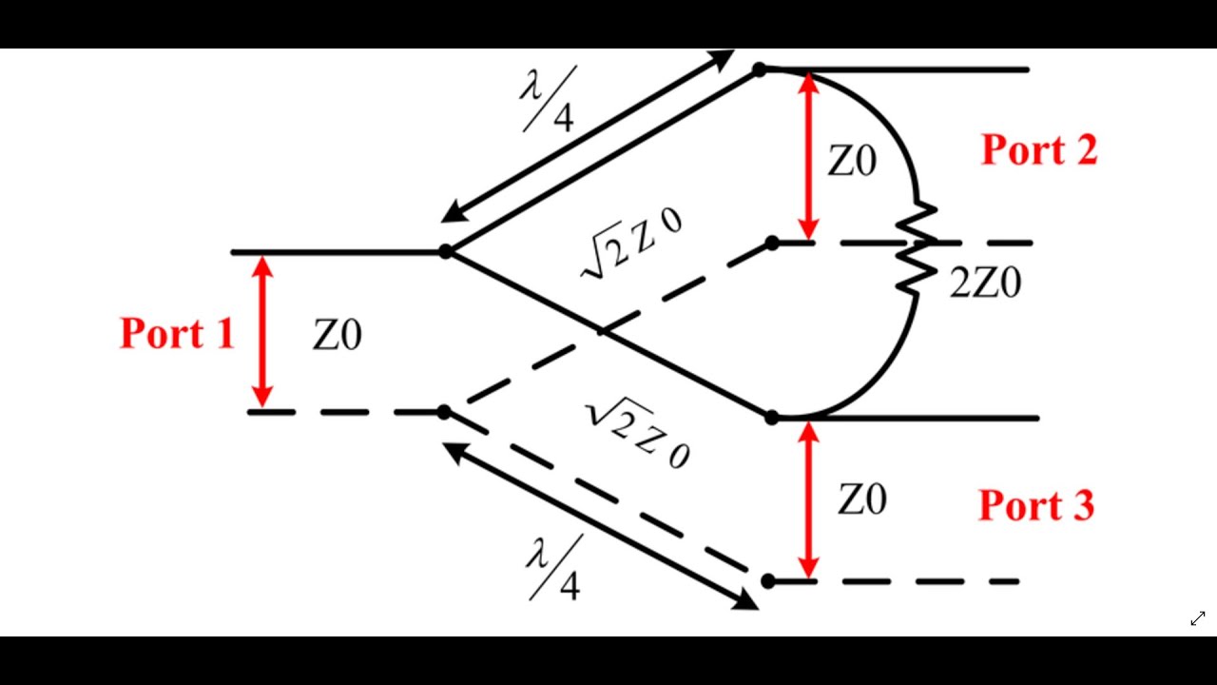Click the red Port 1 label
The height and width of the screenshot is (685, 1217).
tap(177, 333)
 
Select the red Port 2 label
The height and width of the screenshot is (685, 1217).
tap(1038, 150)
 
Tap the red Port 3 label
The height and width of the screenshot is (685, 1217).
tap(1036, 505)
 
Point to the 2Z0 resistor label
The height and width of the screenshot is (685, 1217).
tap(985, 283)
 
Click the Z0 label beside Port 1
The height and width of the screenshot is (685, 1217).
tap(337, 336)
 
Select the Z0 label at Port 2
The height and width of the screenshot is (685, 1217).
tap(851, 163)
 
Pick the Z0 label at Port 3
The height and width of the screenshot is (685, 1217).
tap(861, 499)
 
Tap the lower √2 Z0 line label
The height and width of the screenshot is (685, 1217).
tap(636, 434)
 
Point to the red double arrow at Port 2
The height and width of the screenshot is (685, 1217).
tap(808, 156)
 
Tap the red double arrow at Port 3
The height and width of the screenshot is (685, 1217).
tap(808, 500)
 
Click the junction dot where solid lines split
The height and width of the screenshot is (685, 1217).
tap(445, 252)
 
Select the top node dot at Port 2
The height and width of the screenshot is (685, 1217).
tap(759, 69)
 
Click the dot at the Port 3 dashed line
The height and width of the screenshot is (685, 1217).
tap(768, 580)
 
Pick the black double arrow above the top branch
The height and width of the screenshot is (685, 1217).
tap(589, 135)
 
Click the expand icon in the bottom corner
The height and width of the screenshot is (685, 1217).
tap(1198, 619)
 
